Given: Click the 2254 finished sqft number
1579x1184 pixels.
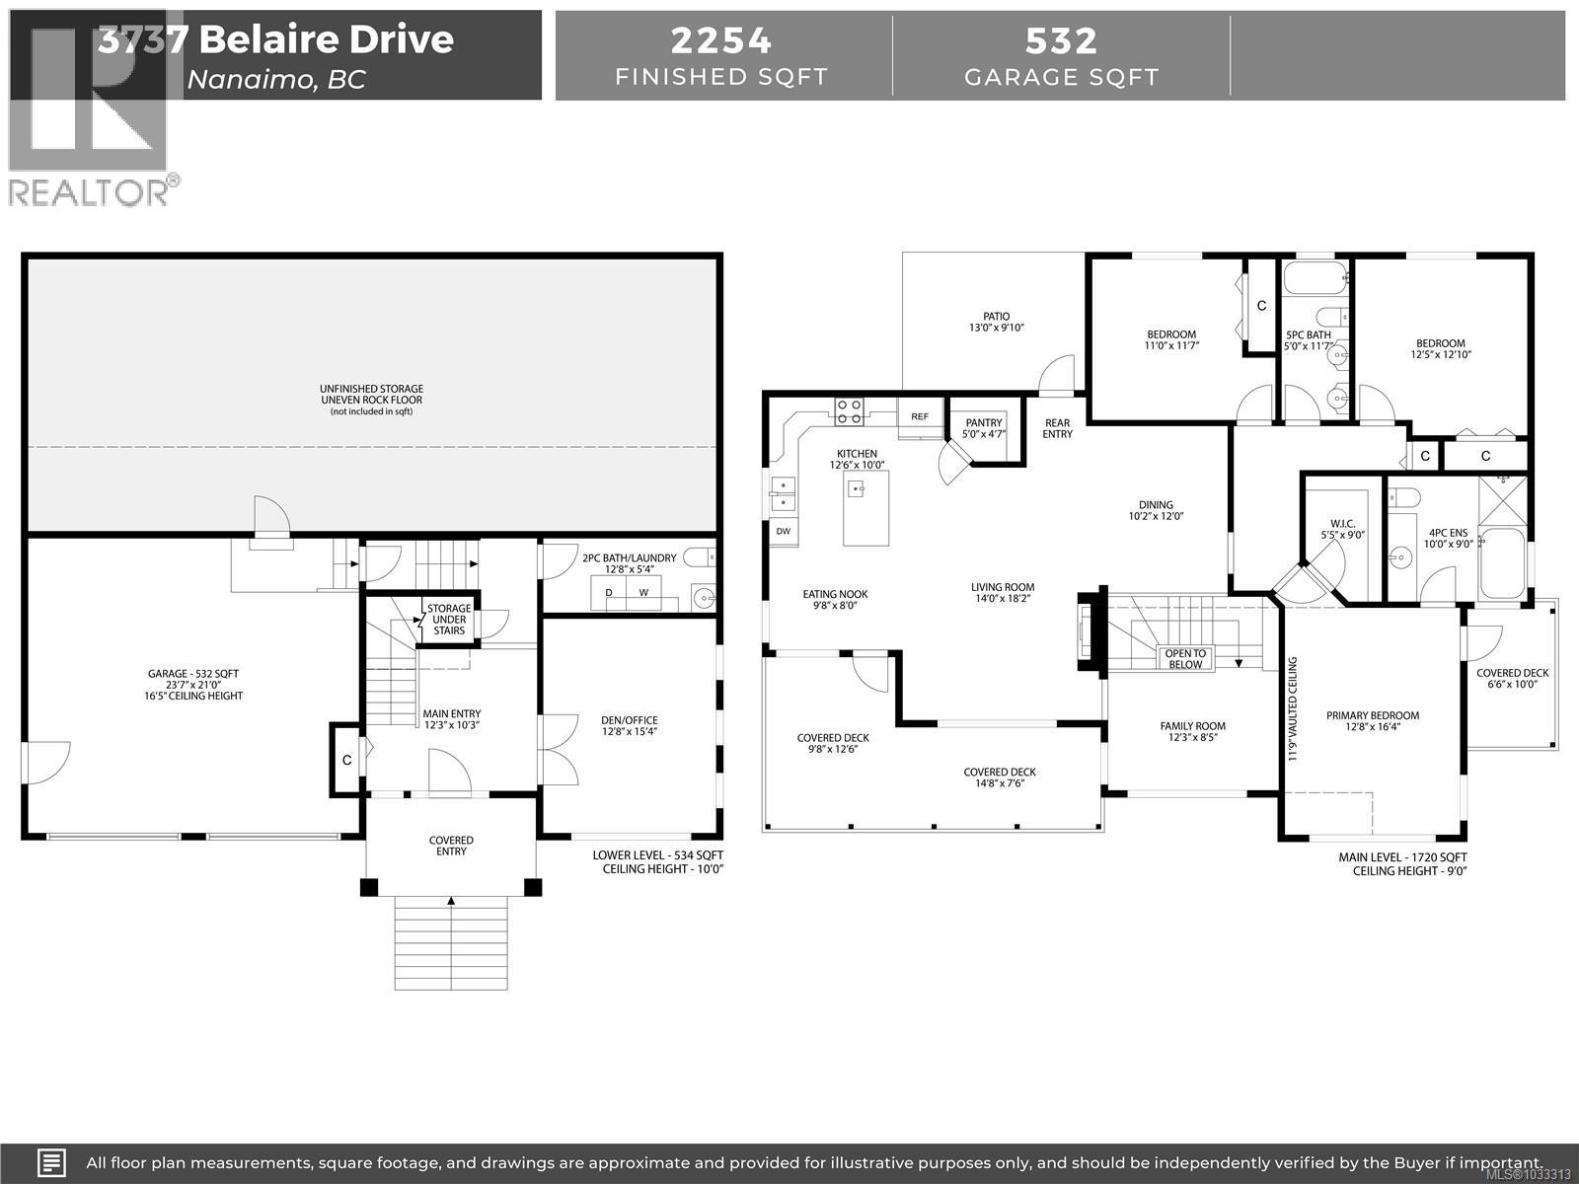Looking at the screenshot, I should (721, 40).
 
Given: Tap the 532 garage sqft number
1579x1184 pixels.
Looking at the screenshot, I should (1061, 40).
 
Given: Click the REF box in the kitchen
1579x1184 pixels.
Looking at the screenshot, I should (920, 417).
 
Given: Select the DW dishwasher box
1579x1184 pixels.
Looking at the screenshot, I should (784, 531).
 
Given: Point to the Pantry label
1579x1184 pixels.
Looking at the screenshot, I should (984, 423).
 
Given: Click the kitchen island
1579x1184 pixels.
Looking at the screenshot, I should (865, 507).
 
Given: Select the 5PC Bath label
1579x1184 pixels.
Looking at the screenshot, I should (1309, 335).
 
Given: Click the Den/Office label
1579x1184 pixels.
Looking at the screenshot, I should (630, 720).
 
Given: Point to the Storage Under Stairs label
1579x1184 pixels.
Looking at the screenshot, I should (449, 620).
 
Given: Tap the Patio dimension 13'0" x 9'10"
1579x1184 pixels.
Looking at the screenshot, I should (996, 329).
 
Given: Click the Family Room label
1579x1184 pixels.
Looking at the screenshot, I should (1193, 726).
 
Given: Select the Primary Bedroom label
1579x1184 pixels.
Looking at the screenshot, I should (1372, 716).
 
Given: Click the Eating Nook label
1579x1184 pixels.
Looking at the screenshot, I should (835, 595).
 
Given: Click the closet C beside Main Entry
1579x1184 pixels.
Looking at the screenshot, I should (346, 761).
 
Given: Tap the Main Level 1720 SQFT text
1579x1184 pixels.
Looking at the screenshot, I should (1402, 857).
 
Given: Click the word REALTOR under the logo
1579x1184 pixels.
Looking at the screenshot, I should (88, 192).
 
